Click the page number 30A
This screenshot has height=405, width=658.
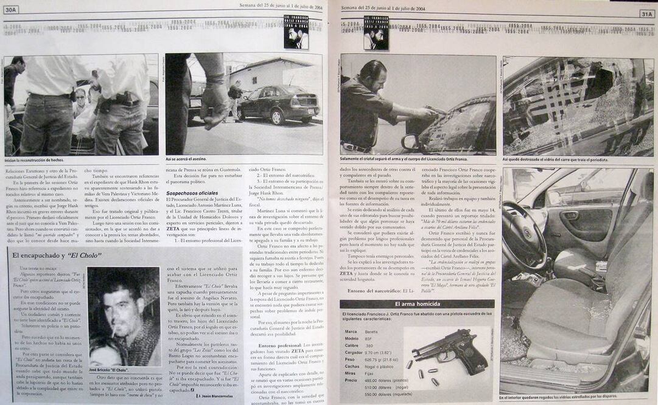11,10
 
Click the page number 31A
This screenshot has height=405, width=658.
647,13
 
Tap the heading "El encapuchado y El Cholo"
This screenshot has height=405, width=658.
57,255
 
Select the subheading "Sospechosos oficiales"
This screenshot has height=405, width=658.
192,193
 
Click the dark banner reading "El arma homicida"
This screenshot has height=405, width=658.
417,304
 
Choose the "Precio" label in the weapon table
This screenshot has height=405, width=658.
351,379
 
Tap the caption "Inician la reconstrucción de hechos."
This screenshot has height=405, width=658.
34,160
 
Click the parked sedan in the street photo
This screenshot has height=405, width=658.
279,103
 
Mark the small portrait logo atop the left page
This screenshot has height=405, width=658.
296,32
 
